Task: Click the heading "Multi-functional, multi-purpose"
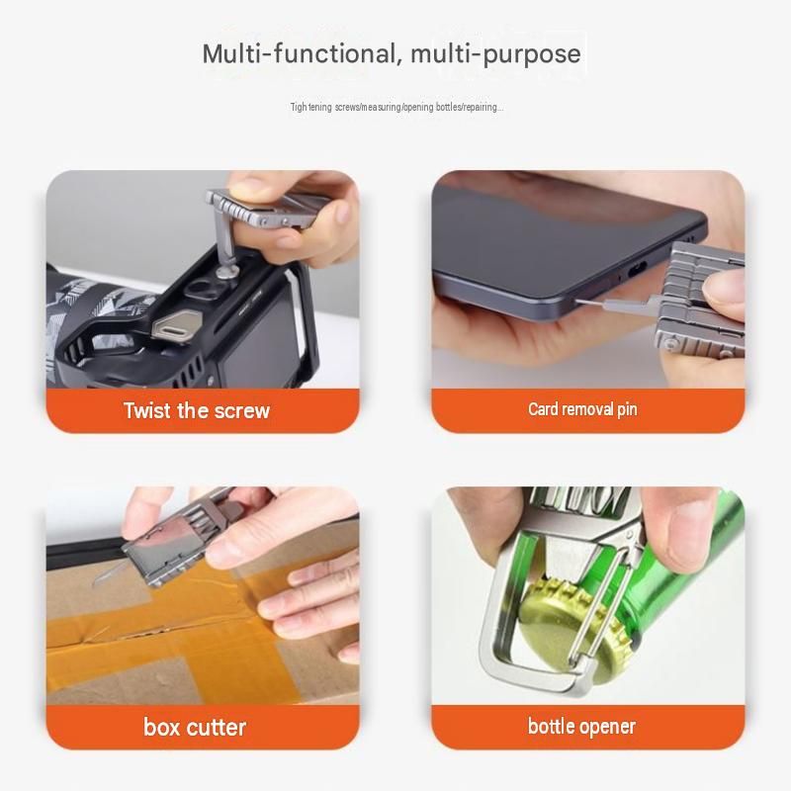[x=392, y=54]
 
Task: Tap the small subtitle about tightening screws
[x=396, y=107]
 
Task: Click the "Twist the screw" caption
[x=197, y=410]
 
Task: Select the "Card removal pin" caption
[x=582, y=409]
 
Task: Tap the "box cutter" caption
[x=195, y=727]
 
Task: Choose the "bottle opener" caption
[x=581, y=727]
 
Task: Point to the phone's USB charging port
[x=638, y=273]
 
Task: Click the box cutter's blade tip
[x=95, y=583]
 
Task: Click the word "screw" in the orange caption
[x=242, y=411]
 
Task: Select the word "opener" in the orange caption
[x=607, y=728]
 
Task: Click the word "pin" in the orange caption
[x=627, y=409]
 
